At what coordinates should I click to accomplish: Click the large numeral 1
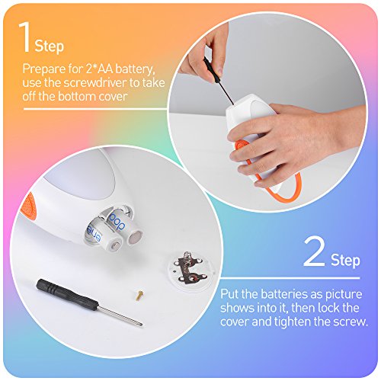point(24,37)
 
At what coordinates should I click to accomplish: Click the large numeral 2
point(314,251)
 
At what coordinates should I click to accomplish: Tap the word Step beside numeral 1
point(50,46)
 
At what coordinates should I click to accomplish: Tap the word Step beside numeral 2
point(345,260)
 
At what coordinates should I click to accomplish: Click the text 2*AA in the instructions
point(99,69)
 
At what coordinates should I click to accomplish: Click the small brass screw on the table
point(139,295)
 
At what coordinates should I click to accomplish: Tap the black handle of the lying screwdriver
point(67,295)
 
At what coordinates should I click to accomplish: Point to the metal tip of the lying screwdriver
point(141,325)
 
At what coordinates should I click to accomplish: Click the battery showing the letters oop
point(123,225)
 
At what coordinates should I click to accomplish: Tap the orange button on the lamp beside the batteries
point(30,203)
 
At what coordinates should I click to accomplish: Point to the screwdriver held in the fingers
point(218,79)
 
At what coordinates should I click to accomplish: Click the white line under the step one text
point(94,109)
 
